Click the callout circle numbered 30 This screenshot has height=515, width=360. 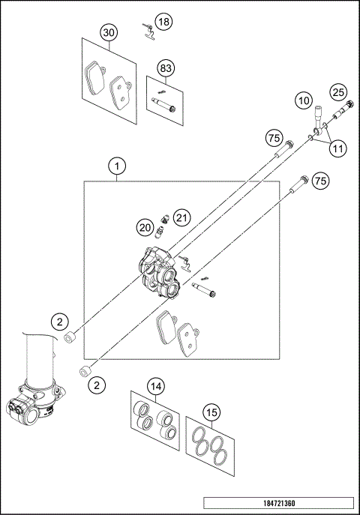click(x=109, y=34)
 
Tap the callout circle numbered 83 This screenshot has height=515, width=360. click(x=166, y=68)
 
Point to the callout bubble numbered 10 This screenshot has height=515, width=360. click(x=303, y=99)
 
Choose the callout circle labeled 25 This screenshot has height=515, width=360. click(x=337, y=92)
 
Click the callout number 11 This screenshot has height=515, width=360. click(x=338, y=148)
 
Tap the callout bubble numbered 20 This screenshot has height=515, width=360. click(x=144, y=226)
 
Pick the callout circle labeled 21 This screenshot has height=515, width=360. click(x=181, y=217)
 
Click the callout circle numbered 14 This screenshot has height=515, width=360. click(x=155, y=387)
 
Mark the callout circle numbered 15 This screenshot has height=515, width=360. click(x=213, y=412)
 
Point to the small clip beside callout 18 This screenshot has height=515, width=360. click(x=148, y=30)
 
